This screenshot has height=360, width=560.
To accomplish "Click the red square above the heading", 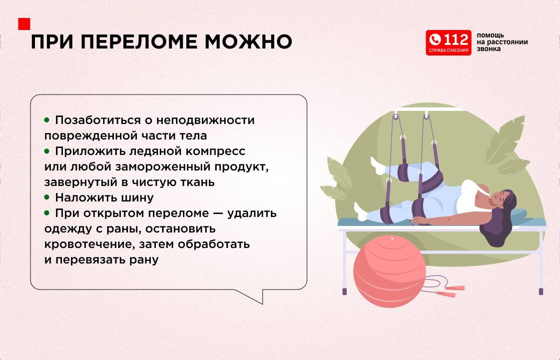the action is pos(24,24).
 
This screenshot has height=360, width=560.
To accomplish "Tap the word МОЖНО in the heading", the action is pos(248,42).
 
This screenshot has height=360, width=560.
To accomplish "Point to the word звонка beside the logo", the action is pos(488,49).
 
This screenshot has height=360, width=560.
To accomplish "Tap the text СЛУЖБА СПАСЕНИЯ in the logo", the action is pos(449,50).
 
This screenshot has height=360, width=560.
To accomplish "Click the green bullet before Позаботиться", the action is pos(47,120).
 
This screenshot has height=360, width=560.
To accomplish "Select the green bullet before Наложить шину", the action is pos(47,197).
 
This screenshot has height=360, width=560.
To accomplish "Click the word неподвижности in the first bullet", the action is pos(205,120).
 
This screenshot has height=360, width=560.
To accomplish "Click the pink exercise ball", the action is pos(390,271).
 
